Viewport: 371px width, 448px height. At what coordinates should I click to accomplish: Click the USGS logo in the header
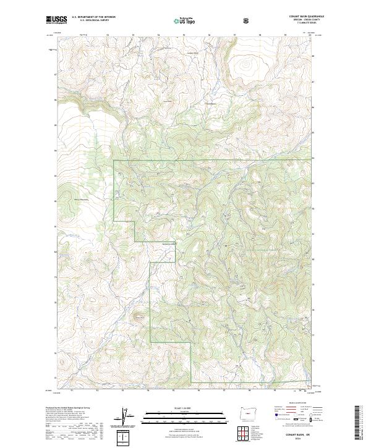click(56, 20)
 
